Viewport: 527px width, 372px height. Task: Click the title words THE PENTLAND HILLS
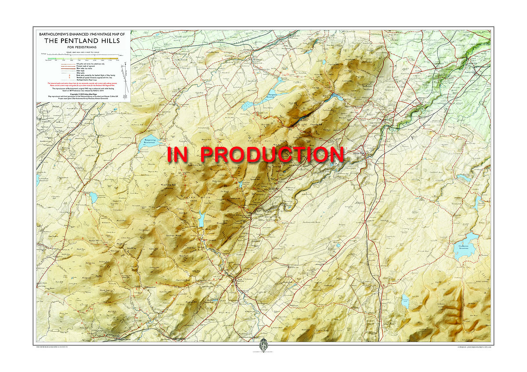[x=81, y=41]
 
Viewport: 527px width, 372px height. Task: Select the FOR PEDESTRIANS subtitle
[x=81, y=47]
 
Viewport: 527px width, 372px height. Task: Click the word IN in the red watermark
[x=180, y=154]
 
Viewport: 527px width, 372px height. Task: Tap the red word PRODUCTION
[x=272, y=154]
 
